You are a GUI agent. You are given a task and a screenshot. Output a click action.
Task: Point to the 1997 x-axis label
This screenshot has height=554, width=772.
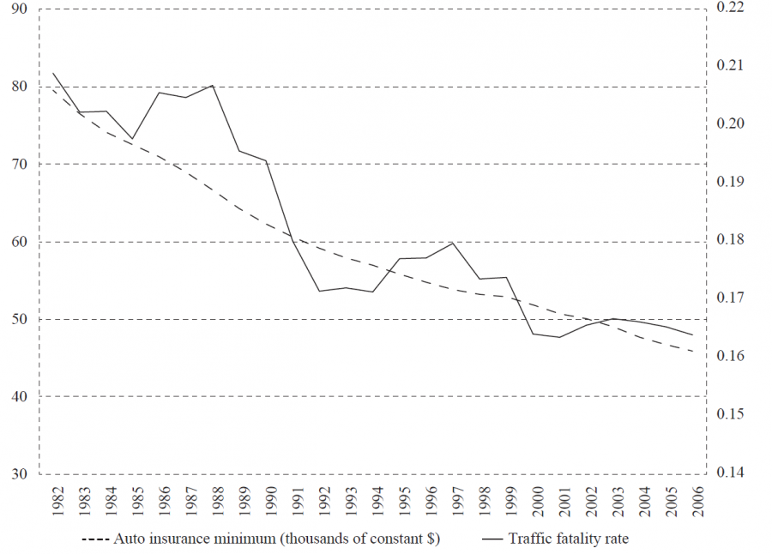point(453,499)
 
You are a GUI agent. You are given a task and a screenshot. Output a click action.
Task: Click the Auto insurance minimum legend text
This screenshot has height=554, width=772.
point(271,539)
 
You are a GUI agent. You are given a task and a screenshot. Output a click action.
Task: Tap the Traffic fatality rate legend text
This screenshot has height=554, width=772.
point(569,539)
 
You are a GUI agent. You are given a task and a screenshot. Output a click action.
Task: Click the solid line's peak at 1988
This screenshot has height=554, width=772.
point(213,85)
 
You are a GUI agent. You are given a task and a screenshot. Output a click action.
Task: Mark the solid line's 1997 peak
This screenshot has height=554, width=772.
point(452,243)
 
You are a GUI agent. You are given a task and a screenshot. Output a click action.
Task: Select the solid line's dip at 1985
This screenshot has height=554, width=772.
point(133,138)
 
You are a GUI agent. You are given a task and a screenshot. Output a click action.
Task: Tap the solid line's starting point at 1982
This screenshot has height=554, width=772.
point(53,73)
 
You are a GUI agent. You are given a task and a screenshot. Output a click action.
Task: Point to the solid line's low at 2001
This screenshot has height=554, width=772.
point(559,337)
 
